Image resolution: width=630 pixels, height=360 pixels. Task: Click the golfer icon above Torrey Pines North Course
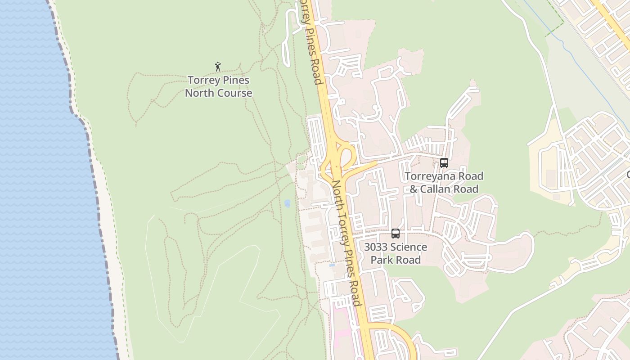[x=218, y=67]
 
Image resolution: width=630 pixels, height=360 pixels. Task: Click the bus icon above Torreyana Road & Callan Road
[x=444, y=163]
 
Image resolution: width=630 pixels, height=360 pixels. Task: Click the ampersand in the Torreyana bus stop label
[x=414, y=189]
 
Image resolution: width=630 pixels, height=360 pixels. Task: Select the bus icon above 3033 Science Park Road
[x=396, y=234]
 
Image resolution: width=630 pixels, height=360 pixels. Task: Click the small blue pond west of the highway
[x=287, y=203]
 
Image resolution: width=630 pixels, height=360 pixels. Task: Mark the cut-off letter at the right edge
[x=628, y=175]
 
